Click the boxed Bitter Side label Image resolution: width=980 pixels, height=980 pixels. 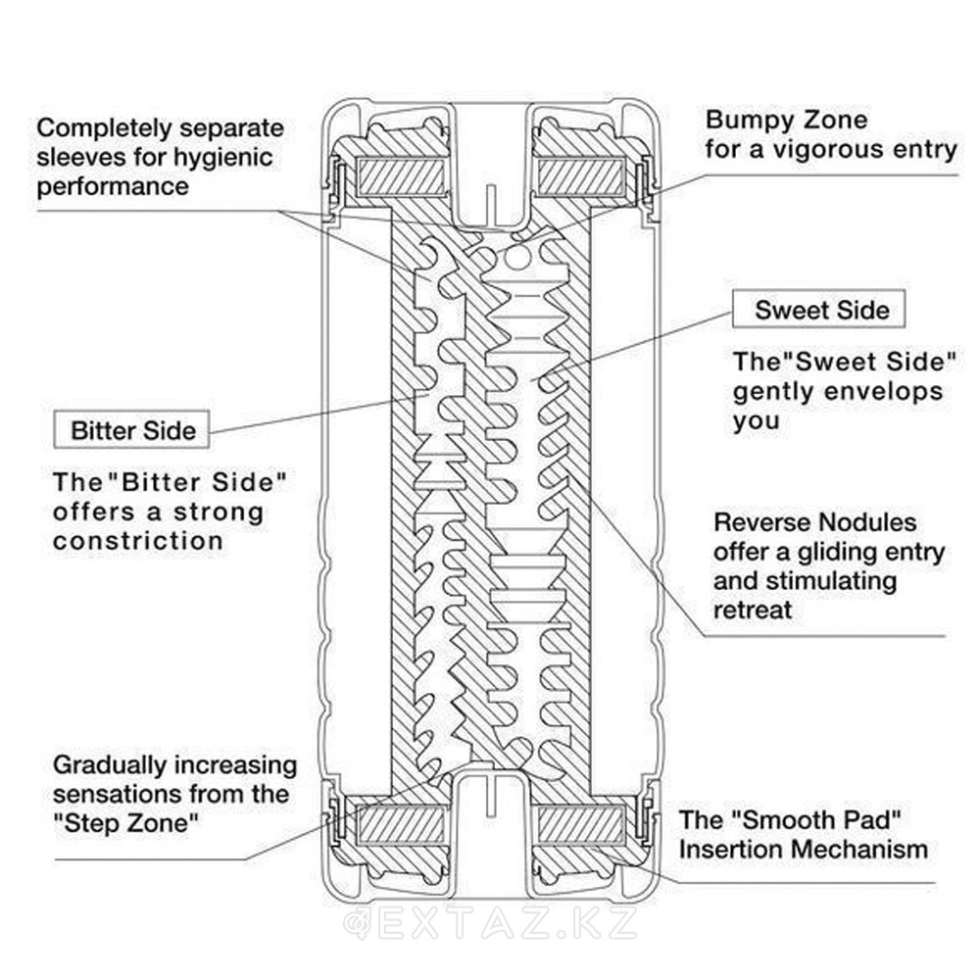[x=132, y=430]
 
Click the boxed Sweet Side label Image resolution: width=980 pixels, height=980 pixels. [x=818, y=310]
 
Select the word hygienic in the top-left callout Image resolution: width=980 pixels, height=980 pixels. [x=222, y=158]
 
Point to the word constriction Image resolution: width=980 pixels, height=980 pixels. [x=137, y=541]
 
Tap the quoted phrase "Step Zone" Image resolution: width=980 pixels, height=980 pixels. [x=126, y=823]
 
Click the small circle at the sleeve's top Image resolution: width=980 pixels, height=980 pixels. [x=517, y=256]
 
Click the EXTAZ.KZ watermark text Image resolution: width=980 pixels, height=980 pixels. [x=492, y=924]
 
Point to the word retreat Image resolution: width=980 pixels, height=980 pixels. [x=753, y=610]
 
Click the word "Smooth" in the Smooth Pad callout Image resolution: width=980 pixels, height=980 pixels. [x=779, y=820]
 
